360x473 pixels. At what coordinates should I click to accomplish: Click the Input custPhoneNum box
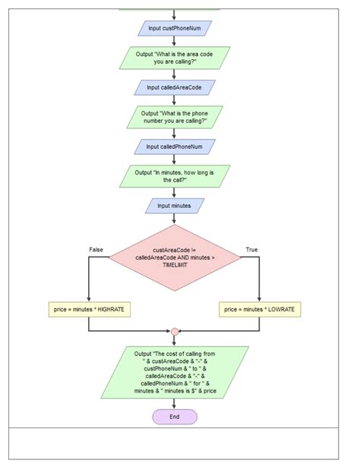point(175,28)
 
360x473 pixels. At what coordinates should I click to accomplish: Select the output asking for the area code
point(175,58)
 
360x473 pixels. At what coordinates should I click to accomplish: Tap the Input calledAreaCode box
point(175,87)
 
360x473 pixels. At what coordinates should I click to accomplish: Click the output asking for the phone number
point(175,117)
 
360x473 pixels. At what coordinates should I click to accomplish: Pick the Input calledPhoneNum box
point(175,147)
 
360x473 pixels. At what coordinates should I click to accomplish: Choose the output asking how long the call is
point(175,176)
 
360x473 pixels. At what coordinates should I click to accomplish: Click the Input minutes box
point(175,205)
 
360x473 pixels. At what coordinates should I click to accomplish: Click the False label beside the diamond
point(96,250)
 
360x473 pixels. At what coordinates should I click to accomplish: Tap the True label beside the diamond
point(251,250)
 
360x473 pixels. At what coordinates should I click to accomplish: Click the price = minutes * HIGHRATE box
point(89,310)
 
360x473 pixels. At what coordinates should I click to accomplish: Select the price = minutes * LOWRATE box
point(260,310)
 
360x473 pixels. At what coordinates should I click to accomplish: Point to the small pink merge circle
point(175,331)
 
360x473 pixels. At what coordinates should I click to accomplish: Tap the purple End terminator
point(175,417)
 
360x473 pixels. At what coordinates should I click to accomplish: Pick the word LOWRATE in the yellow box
point(279,310)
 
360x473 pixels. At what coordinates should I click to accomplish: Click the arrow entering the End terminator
point(175,404)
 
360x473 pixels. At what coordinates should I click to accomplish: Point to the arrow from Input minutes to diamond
point(175,219)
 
